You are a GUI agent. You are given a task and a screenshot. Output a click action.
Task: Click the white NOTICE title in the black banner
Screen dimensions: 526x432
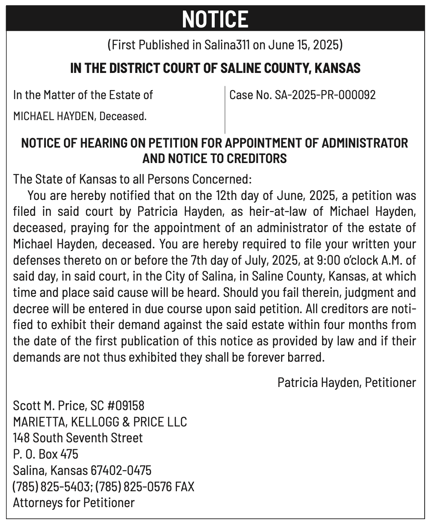click(215, 19)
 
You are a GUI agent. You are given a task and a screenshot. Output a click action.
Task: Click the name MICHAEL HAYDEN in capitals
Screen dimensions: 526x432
click(55, 116)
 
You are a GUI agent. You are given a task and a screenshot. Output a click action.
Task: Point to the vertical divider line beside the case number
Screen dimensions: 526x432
click(225, 109)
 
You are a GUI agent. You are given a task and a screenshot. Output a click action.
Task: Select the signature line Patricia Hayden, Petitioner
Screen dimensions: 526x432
click(347, 382)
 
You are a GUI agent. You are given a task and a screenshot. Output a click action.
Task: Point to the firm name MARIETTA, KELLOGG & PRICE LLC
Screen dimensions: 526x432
click(100, 422)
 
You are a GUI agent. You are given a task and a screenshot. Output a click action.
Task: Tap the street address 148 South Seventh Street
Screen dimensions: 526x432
click(78, 438)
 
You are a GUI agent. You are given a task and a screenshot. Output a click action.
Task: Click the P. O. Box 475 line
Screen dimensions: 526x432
click(46, 454)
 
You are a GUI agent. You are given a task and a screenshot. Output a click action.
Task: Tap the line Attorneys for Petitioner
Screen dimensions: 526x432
click(74, 502)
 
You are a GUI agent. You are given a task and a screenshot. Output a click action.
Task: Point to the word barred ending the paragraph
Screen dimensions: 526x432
click(307, 357)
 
